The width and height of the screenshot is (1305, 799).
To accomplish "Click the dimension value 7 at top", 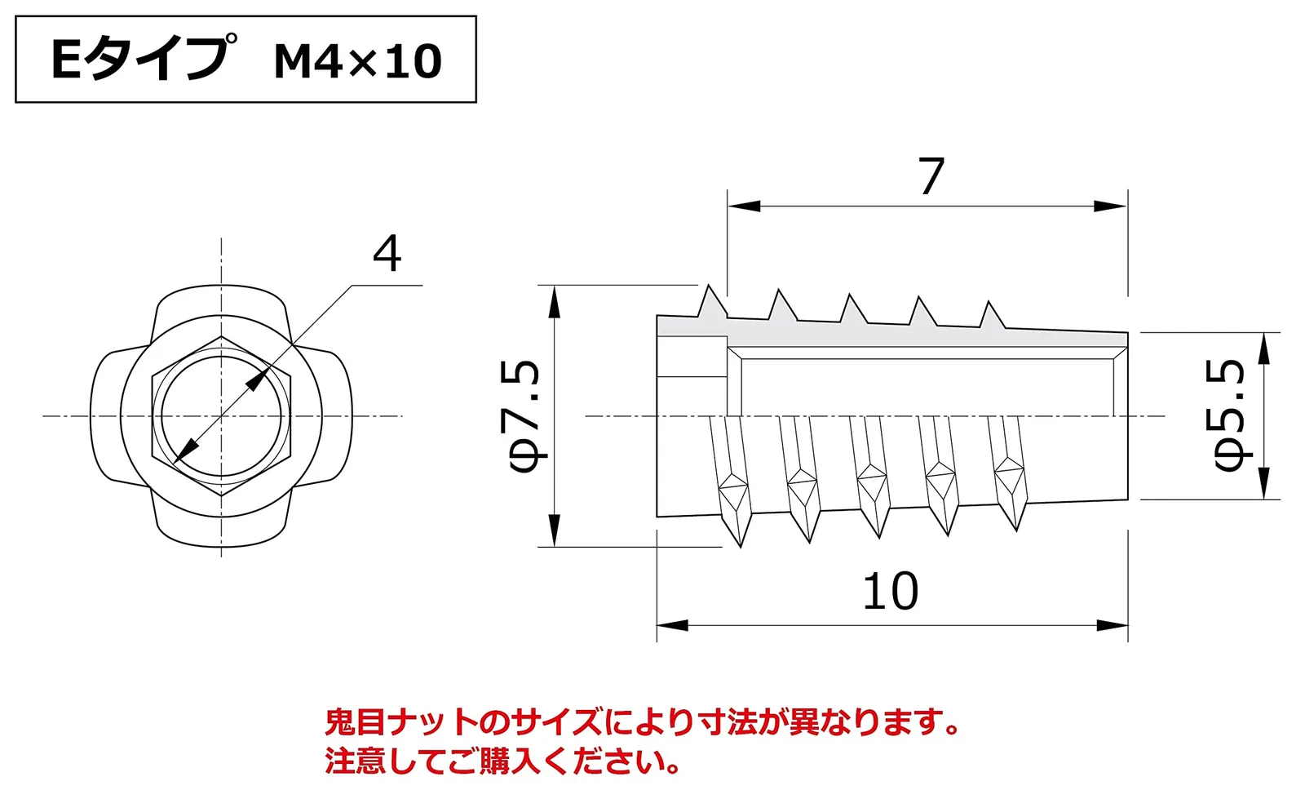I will pyautogui.click(x=931, y=176).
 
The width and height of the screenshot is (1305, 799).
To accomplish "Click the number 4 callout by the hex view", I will pyautogui.click(x=387, y=254).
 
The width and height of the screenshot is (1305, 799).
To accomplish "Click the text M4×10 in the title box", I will pyautogui.click(x=358, y=61).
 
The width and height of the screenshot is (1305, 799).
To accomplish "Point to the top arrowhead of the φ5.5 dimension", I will pyautogui.click(x=1263, y=348).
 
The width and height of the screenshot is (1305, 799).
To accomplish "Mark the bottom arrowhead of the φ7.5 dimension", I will pyautogui.click(x=554, y=530).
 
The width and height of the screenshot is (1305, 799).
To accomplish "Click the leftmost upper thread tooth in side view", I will pyautogui.click(x=711, y=303).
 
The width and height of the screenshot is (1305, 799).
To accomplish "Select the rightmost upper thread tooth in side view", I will pyautogui.click(x=991, y=316).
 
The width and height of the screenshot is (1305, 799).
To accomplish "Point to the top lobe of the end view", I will pyautogui.click(x=221, y=300).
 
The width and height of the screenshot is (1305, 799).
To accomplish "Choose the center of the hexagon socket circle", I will pyautogui.click(x=221, y=416).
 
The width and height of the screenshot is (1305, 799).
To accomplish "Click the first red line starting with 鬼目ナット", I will pyautogui.click(x=642, y=722).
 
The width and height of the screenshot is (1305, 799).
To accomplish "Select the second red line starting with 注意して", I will pyautogui.click(x=503, y=761).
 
